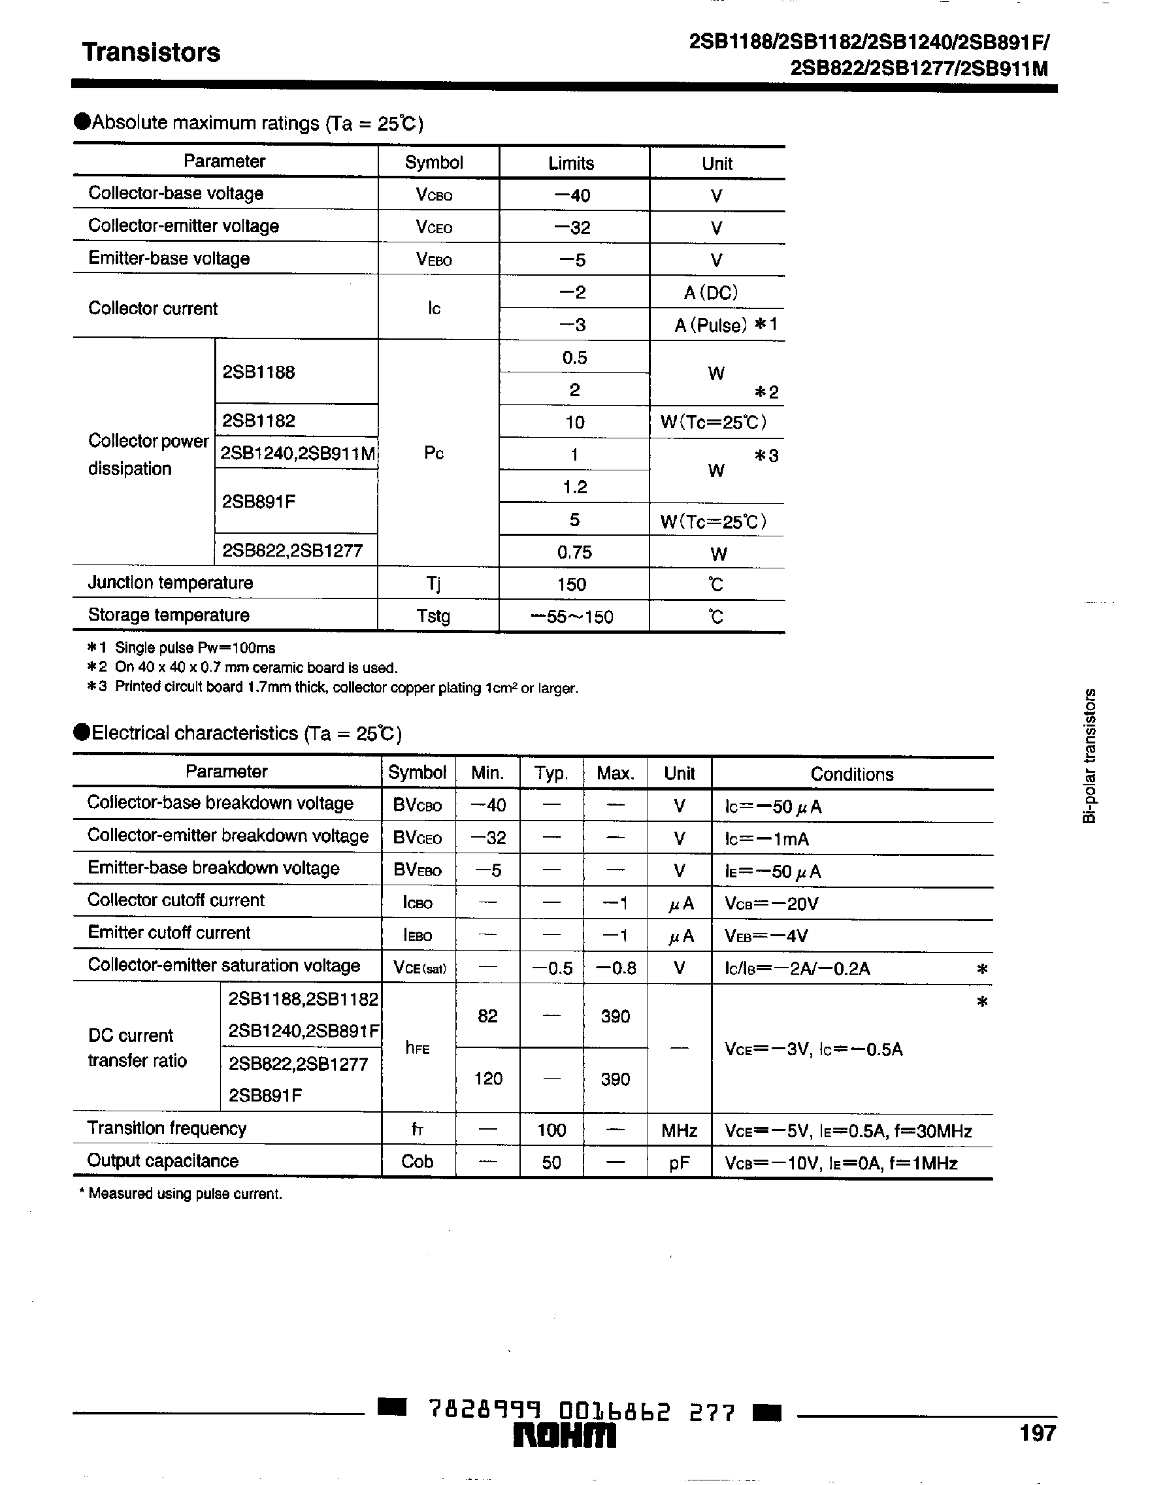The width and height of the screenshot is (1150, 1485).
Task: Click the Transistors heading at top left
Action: (x=151, y=53)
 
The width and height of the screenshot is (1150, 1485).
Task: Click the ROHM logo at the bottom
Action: (x=564, y=1437)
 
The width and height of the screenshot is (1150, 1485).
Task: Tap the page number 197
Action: (x=1037, y=1433)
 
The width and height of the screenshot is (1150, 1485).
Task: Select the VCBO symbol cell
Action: (x=434, y=195)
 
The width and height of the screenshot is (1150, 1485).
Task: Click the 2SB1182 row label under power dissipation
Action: (x=259, y=421)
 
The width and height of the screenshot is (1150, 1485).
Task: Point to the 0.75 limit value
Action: (x=574, y=552)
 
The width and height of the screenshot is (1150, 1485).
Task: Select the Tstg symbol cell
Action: (x=433, y=617)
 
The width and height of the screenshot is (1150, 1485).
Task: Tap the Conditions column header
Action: (x=851, y=774)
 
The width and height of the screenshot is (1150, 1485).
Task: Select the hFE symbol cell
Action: (x=417, y=1048)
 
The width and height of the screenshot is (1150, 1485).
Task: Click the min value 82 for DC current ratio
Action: (x=487, y=1017)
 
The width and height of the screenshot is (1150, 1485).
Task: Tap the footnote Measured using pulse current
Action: (x=180, y=1194)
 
